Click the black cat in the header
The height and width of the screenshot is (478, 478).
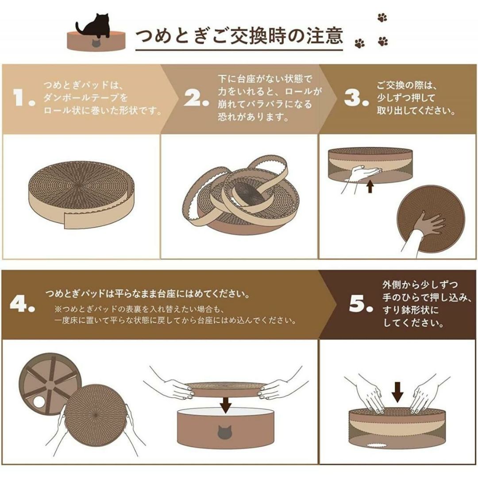95,26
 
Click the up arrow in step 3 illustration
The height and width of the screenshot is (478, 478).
370,186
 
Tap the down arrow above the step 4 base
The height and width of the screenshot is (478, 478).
225,405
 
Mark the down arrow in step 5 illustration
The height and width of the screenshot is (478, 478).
397,392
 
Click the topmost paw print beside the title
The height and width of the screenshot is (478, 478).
382,18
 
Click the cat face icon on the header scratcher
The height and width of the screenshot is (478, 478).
96,43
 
